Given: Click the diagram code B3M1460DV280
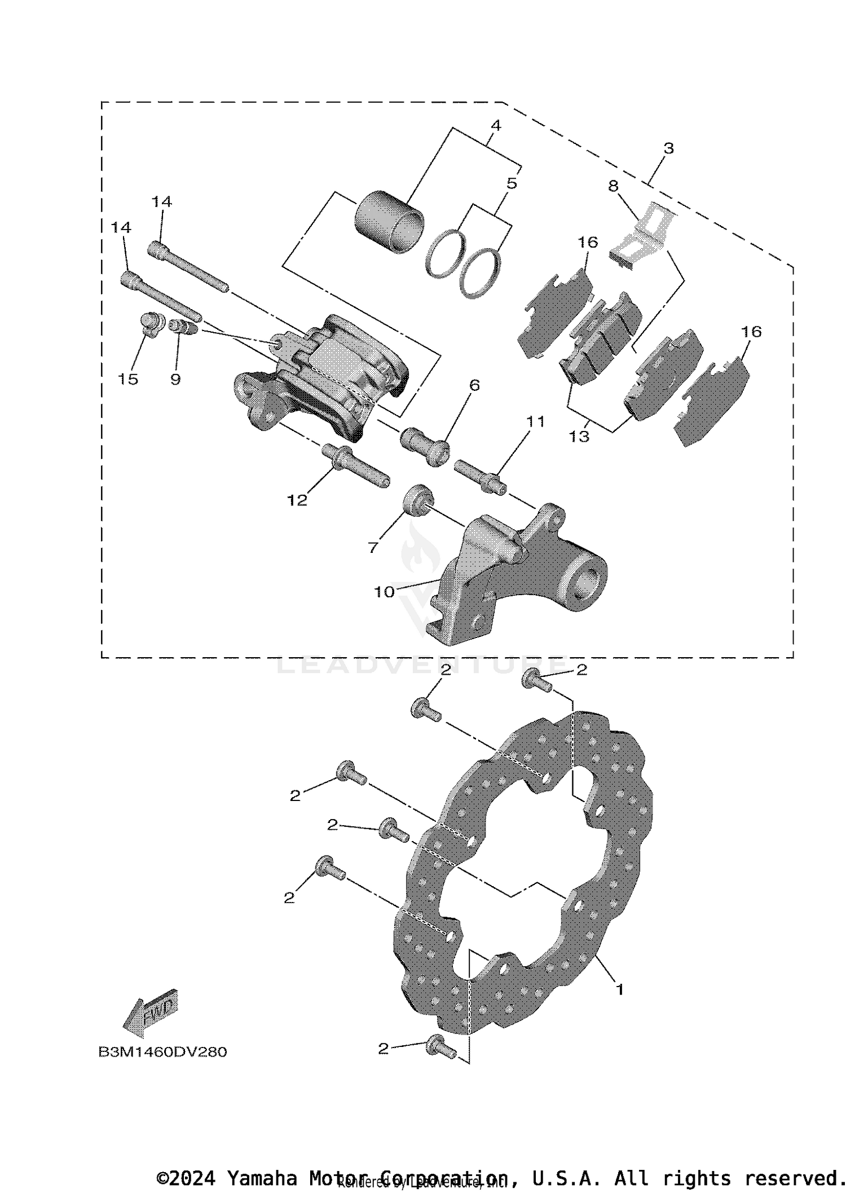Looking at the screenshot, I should coord(162,1052).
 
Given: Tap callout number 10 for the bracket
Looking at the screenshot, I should coord(384,592).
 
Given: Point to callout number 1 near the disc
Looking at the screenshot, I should coord(619,989).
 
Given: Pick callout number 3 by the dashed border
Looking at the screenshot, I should coord(668,149).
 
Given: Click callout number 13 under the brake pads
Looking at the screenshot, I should coord(579,436).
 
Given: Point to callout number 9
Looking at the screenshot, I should coord(175,379).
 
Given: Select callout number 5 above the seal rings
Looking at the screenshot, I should coord(511,183).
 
